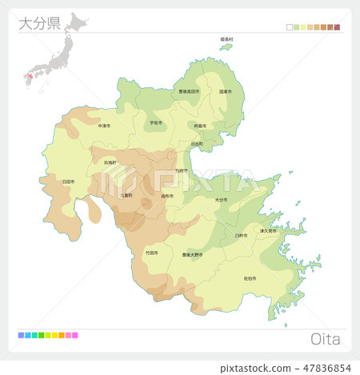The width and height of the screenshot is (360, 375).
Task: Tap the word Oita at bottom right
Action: click(x=324, y=339)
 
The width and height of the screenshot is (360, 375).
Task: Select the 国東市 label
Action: click(x=226, y=91)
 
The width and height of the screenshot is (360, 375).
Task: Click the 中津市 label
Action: click(x=105, y=126)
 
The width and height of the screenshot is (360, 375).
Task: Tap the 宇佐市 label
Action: click(x=155, y=123)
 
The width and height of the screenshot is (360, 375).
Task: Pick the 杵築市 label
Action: click(x=199, y=126)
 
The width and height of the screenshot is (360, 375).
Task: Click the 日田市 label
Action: click(x=68, y=182)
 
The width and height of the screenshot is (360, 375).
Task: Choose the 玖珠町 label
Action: click(x=110, y=162)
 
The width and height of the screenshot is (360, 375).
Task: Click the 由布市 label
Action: click(x=167, y=195)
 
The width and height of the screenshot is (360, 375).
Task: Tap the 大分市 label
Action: click(x=222, y=200)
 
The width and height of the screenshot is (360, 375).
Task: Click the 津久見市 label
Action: click(x=267, y=230)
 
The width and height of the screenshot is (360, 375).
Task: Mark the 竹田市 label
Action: click(x=150, y=252)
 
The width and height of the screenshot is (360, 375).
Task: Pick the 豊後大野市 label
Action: click(x=192, y=254)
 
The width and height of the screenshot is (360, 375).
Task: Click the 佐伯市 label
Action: click(x=249, y=278)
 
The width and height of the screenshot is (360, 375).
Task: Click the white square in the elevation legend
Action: click(x=290, y=27)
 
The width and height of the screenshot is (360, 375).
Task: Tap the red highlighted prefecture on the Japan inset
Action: click(x=30, y=76)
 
